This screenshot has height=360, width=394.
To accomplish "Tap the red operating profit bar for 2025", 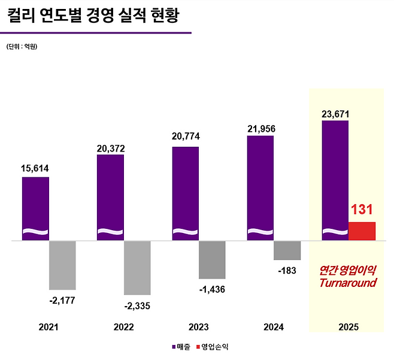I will tap(362, 231).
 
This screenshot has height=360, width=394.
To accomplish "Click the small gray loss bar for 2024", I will tap(287, 250).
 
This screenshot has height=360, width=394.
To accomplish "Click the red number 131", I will tap(362, 210).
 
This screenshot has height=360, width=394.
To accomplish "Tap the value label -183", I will tap(287, 271).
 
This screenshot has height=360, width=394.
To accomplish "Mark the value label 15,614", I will tap(35, 168).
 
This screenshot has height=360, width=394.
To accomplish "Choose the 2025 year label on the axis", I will tap(348, 327).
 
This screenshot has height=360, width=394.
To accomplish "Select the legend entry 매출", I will tap(181, 346).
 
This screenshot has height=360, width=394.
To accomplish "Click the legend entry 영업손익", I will tap(213, 346).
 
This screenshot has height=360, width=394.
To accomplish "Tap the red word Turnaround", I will tap(348, 283).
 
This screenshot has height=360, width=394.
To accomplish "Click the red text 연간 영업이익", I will tap(348, 270).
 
